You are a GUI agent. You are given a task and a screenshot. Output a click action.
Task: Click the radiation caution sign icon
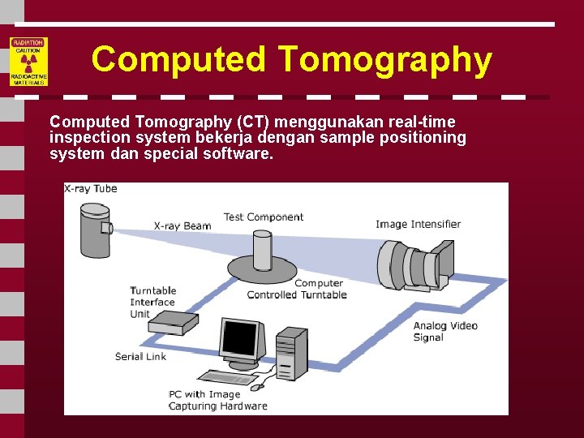pyautogui.click(x=28, y=62)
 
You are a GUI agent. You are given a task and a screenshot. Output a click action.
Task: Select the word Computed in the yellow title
pyautogui.click(x=178, y=59)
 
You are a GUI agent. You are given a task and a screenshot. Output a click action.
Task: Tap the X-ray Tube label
pyautogui.click(x=91, y=189)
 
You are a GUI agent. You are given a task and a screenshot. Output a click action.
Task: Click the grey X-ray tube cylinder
pyautogui.click(x=94, y=230)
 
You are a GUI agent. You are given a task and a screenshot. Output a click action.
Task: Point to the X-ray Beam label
pyautogui.click(x=182, y=226)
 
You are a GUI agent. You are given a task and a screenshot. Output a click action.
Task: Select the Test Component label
pyautogui.click(x=264, y=217)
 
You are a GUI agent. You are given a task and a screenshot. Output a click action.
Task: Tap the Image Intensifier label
pyautogui.click(x=418, y=225)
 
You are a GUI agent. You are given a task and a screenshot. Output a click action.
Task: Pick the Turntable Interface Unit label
pyautogui.click(x=153, y=302)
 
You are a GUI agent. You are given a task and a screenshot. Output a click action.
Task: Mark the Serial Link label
pyautogui.click(x=140, y=356)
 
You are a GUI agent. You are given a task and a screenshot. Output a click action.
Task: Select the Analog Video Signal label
pyautogui.click(x=445, y=332)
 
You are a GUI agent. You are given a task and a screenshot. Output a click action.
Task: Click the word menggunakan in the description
pyautogui.click(x=324, y=122)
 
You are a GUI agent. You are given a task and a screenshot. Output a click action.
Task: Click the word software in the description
pyautogui.click(x=239, y=152)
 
